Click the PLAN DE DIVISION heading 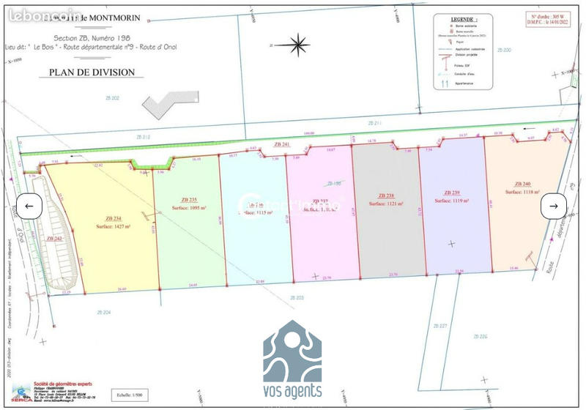click(92, 72)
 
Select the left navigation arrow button click(29, 206)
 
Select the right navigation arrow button click(554, 206)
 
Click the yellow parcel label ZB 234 click(113, 218)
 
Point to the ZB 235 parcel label click(188, 199)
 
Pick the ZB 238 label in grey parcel click(386, 195)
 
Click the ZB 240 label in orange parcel click(522, 184)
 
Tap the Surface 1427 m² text click(114, 226)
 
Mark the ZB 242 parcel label click(54, 239)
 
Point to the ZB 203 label click(297, 297)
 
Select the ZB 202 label click(111, 97)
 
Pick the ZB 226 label click(481, 336)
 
